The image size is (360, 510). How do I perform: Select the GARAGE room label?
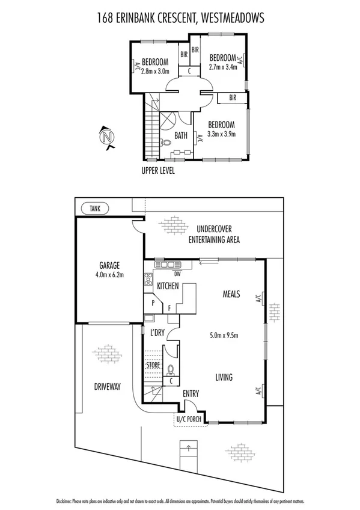click(110, 265)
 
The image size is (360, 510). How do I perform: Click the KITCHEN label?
click(168, 287)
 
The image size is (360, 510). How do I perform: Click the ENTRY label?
click(192, 393)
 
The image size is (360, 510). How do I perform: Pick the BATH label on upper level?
click(181, 137)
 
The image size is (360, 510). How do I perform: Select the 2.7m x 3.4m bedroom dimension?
click(223, 67)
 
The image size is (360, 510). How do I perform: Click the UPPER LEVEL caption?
click(158, 171)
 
